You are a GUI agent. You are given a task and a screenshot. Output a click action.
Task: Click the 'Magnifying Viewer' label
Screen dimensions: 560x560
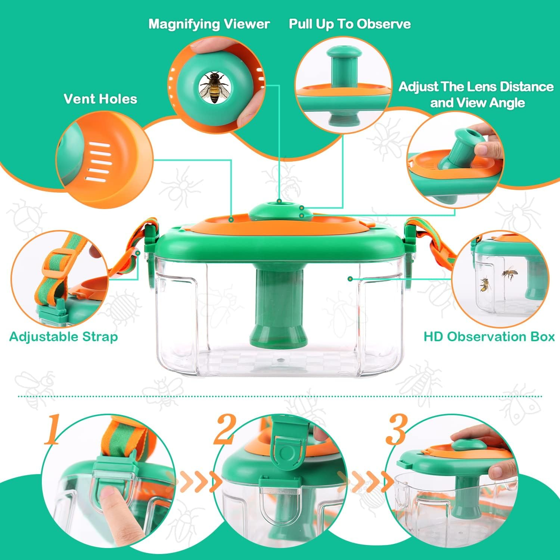pos(209,24)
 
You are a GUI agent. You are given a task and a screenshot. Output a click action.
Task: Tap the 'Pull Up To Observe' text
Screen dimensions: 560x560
pos(349,24)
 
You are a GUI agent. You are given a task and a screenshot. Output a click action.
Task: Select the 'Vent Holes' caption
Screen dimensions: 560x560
pos(100,99)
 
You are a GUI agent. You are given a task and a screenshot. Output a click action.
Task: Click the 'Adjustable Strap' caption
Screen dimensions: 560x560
pos(63,337)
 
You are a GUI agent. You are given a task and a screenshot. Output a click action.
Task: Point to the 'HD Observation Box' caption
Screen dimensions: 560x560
pos(489,337)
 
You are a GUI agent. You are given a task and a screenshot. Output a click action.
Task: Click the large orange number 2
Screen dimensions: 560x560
pos(224,429)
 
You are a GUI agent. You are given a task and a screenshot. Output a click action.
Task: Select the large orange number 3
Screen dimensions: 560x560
pos(396,429)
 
